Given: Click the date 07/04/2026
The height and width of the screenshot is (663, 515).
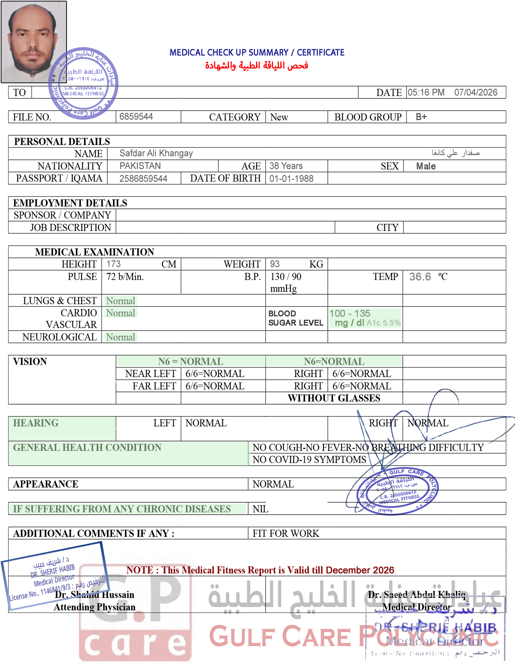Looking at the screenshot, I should [476, 92].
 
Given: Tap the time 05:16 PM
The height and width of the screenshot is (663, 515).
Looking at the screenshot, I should [426, 92].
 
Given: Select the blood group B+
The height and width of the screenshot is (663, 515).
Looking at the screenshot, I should [421, 117].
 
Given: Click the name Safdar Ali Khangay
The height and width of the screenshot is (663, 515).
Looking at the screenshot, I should [156, 153].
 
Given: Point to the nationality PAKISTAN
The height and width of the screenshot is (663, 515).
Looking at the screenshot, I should [140, 166].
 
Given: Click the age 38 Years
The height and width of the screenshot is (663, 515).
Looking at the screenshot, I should [286, 166].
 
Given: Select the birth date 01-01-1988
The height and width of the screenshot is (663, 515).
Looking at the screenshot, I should [291, 179].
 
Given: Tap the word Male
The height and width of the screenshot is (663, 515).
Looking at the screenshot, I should [426, 166].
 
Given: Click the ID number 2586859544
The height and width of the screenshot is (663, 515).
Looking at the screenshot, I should [143, 179].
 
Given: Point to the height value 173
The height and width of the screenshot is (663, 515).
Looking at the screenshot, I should [113, 264].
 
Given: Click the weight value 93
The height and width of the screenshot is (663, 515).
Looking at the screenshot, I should [274, 264].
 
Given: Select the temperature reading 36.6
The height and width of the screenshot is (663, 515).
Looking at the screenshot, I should [420, 277].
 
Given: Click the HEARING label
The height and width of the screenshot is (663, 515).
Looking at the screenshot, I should [36, 423].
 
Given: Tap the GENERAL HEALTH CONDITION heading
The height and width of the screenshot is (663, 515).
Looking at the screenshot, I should [87, 448].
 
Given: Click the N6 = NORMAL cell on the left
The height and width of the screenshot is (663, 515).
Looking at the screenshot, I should [191, 361].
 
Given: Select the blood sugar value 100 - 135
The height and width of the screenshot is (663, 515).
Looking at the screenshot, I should [350, 313].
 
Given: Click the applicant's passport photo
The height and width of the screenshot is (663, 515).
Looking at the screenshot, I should [33, 42].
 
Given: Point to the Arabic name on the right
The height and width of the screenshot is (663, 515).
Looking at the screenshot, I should [455, 152].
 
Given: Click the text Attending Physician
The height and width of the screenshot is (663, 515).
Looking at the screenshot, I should [95, 607].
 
